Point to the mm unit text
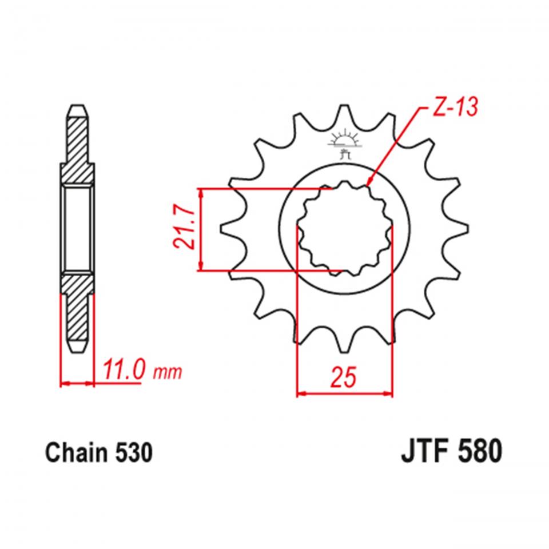click(x=167, y=373)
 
